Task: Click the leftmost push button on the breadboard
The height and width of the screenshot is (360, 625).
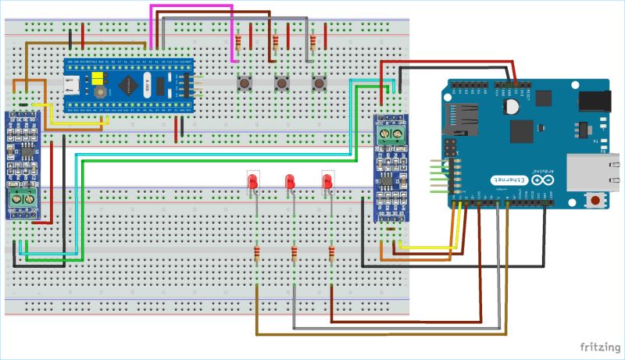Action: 244,83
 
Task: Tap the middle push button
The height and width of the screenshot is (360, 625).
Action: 280,83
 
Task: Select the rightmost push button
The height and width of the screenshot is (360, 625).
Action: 318,83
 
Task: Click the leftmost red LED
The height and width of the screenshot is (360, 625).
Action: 252,183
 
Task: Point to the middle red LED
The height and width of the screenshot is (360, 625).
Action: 290,183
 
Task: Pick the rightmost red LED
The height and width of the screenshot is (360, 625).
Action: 327,183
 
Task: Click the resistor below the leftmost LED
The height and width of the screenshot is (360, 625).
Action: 257,254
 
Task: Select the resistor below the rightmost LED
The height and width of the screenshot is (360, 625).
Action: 332,254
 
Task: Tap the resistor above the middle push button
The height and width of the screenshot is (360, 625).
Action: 277,41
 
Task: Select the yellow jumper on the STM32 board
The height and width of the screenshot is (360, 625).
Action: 98,79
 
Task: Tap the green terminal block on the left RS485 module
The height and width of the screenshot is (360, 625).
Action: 21,200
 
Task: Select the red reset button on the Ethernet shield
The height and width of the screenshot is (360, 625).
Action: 596,201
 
